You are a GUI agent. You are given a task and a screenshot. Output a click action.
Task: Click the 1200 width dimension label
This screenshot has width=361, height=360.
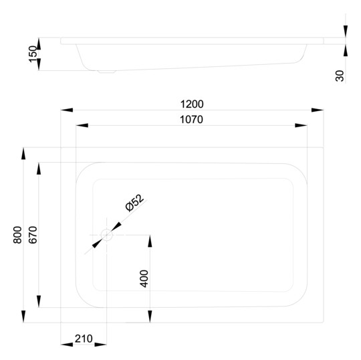192,104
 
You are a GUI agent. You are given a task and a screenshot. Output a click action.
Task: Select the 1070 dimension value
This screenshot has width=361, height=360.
191,120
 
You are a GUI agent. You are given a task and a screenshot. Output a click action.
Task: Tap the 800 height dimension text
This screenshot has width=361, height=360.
17,235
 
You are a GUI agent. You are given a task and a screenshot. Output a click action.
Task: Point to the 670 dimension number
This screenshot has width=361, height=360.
33,235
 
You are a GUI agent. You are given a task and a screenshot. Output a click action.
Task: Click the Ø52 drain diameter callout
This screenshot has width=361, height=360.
134,203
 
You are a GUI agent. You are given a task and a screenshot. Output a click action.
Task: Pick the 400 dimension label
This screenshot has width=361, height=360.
144,278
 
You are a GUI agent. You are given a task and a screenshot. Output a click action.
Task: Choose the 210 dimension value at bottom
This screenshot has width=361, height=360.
84,339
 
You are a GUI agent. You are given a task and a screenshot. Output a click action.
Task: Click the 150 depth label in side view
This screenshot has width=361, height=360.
33,54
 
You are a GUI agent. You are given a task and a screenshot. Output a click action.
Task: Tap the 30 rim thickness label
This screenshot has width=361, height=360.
340,76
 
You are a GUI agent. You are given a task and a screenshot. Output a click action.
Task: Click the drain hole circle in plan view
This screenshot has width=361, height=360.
107,235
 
